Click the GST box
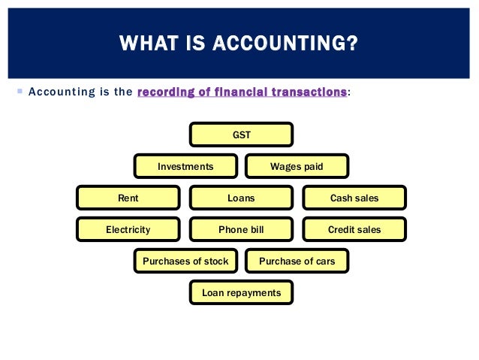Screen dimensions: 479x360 tap(241, 135)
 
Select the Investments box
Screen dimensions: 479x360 tap(185, 167)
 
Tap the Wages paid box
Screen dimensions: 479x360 tap(297, 167)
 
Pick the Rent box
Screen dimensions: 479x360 tap(128, 198)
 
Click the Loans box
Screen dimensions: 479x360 tap(241, 198)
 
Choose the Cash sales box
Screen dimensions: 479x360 tap(354, 198)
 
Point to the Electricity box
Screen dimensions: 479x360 tap(128, 230)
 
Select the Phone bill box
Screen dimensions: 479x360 tap(241, 230)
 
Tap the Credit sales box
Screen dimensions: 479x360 tap(354, 230)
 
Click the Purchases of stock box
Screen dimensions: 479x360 tap(185, 262)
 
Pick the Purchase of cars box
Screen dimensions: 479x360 tap(297, 262)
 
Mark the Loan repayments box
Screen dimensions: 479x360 tap(241, 293)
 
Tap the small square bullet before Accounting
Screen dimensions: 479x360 tap(19, 91)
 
